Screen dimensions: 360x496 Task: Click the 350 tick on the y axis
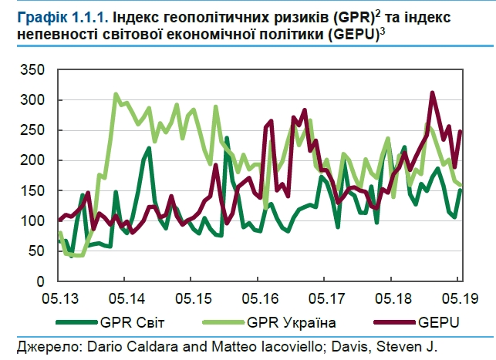pos(35,70)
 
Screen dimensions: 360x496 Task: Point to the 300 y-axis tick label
pos(35,100)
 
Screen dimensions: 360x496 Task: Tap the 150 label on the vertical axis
pos(35,191)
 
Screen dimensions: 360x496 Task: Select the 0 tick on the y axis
pos(42,281)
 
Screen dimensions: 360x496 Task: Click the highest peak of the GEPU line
pos(432,93)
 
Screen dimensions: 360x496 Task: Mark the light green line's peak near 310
pos(116,95)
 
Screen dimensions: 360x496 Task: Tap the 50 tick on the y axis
pos(39,251)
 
